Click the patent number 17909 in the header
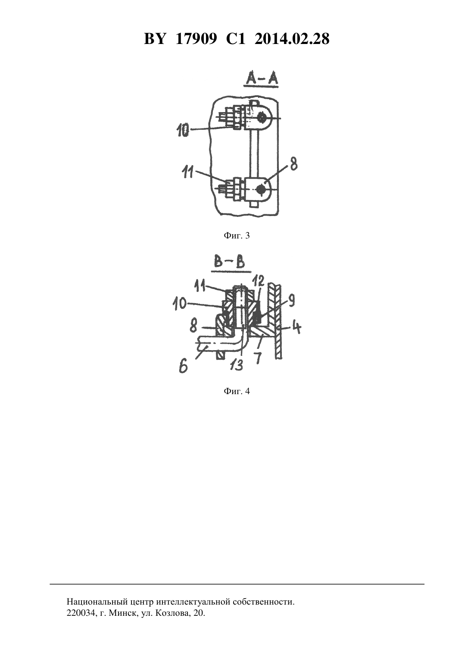196,39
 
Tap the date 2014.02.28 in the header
292,39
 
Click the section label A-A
261,79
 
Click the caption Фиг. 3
237,236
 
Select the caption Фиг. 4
237,391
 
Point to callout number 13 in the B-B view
238,365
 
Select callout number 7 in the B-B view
258,358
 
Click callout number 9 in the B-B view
292,300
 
